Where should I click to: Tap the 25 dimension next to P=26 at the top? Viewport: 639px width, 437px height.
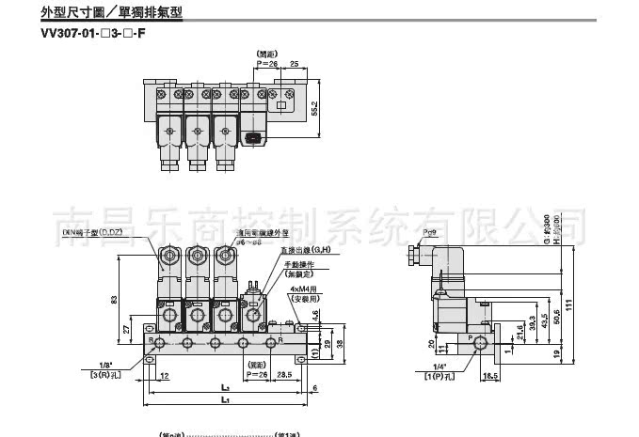pyautogui.click(x=294, y=64)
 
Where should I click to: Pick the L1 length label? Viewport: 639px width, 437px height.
pyautogui.click(x=224, y=401)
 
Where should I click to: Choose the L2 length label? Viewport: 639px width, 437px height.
pyautogui.click(x=224, y=385)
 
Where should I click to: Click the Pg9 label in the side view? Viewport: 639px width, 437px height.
pyautogui.click(x=432, y=230)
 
